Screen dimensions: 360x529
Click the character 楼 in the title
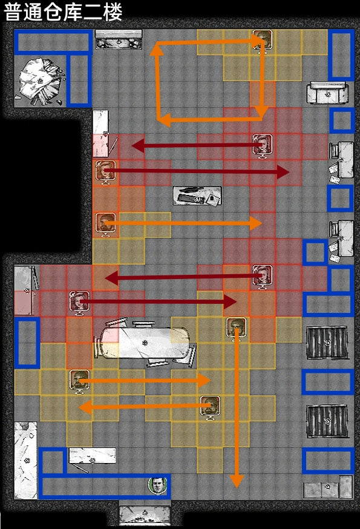113,12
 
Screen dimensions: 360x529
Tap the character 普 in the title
14,12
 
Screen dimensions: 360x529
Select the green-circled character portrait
157,485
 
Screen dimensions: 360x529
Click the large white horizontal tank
146,343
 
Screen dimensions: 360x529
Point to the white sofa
327,93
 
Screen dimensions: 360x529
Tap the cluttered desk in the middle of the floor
197,195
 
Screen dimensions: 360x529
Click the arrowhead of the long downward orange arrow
237,481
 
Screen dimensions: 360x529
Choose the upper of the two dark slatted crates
327,343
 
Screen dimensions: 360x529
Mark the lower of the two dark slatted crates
327,421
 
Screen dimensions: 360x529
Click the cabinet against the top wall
119,39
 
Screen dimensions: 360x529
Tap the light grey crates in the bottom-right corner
328,487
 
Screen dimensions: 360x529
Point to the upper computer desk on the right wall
341,159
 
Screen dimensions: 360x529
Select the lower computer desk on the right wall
341,238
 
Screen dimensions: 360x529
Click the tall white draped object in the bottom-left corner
25,460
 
